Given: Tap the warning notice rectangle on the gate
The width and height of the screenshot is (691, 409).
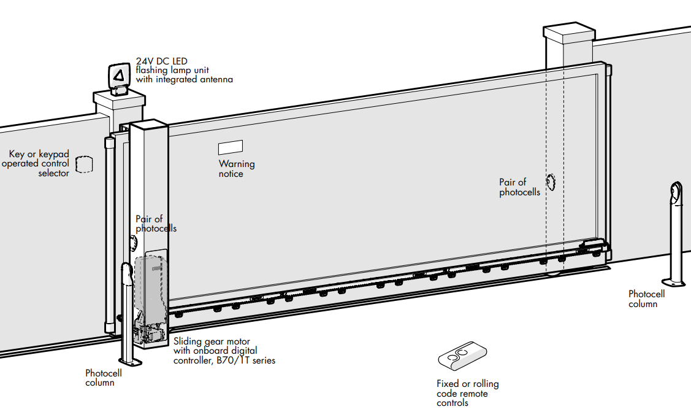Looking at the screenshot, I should tap(230, 147).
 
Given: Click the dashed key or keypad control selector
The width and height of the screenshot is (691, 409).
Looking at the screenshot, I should tap(83, 165).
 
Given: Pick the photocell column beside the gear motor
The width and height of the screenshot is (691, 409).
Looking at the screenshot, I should tap(126, 313).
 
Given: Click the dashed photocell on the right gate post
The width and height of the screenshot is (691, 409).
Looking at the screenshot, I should tap(551, 181).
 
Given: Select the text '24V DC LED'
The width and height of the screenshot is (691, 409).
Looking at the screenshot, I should tap(162, 61).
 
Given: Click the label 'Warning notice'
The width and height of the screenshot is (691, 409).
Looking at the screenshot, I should tap(237, 169).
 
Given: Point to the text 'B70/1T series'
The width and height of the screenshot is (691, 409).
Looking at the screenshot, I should tap(246, 360).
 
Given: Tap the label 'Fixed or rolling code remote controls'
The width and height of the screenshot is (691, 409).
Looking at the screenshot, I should tap(467, 393).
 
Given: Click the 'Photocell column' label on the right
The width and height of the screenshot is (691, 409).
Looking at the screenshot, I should tap(646, 299).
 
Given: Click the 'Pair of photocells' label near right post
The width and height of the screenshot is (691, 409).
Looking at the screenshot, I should tap(519, 187).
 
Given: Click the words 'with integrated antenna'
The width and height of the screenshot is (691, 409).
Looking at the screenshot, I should tap(184, 79).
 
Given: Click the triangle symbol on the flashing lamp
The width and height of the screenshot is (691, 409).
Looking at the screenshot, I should tap(119, 75).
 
